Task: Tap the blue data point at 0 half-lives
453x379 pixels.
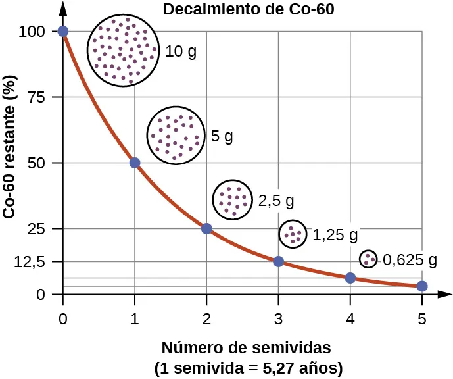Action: point(63,31)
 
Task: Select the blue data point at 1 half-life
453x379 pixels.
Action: point(135,163)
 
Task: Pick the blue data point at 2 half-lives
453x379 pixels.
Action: point(206,228)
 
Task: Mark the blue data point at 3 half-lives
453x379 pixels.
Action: point(278,261)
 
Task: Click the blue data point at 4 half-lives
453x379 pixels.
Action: point(350,278)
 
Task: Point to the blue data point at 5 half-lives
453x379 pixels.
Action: point(422,286)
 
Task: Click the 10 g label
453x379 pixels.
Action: point(181,51)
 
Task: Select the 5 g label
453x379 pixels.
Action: point(222,137)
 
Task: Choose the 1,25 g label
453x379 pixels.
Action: point(335,234)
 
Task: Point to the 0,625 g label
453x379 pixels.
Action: point(410,259)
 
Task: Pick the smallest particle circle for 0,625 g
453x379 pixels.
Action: point(368,259)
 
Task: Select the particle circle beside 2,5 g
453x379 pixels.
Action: point(232,199)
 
